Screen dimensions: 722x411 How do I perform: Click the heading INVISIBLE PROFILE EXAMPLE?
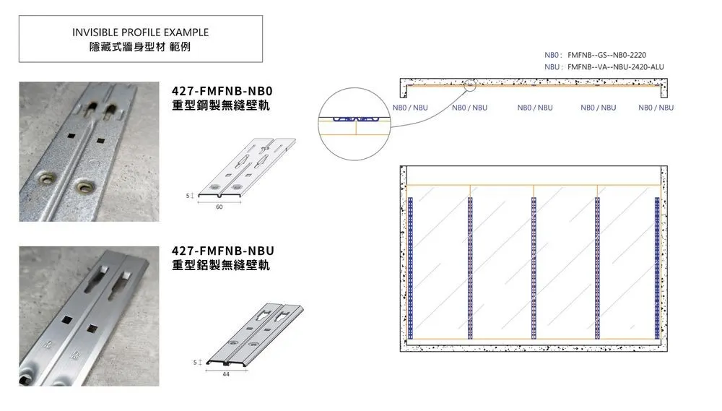click(x=141, y=33)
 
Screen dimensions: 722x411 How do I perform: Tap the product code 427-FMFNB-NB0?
click(x=222, y=90)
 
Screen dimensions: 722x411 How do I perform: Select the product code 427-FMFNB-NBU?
click(x=223, y=251)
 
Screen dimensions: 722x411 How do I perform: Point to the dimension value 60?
click(x=219, y=207)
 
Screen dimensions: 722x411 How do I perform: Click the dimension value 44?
click(x=225, y=374)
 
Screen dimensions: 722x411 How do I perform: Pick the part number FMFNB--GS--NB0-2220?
click(x=607, y=55)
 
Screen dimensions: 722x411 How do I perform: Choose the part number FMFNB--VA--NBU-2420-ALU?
click(x=616, y=66)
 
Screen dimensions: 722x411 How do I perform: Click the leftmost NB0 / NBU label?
click(x=410, y=108)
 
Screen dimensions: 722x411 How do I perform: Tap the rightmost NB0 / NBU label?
click(x=656, y=108)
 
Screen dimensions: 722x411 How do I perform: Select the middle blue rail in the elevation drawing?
click(x=534, y=268)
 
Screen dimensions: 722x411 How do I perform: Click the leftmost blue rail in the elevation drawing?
click(x=410, y=268)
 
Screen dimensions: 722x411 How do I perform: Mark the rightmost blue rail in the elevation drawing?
click(x=657, y=268)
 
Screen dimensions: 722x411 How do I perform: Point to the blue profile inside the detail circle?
click(x=355, y=119)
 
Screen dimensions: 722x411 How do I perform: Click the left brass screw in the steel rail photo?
click(x=45, y=178)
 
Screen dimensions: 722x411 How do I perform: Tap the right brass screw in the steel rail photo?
click(x=84, y=186)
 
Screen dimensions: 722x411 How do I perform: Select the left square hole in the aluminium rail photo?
click(x=66, y=319)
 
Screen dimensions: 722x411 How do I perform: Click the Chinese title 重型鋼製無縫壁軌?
click(x=220, y=105)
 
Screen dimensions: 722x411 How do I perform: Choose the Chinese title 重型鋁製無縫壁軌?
click(x=220, y=265)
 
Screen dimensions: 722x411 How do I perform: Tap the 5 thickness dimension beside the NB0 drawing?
click(x=188, y=196)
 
